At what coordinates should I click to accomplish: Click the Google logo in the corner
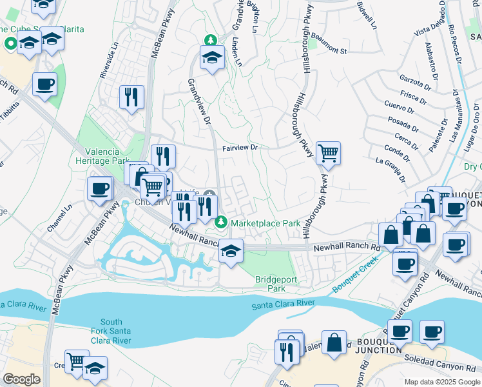pyautogui.click(x=21, y=379)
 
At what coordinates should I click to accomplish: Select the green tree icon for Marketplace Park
pyautogui.click(x=222, y=223)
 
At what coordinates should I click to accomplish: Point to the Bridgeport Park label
pyautogui.click(x=269, y=284)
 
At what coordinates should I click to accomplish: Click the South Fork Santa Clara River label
pyautogui.click(x=111, y=331)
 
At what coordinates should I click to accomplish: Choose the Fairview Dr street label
pyautogui.click(x=240, y=148)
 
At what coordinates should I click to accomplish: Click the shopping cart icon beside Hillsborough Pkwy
pyautogui.click(x=329, y=153)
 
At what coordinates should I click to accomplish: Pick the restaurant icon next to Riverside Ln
pyautogui.click(x=131, y=97)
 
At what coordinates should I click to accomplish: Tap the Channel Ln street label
pyautogui.click(x=59, y=219)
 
